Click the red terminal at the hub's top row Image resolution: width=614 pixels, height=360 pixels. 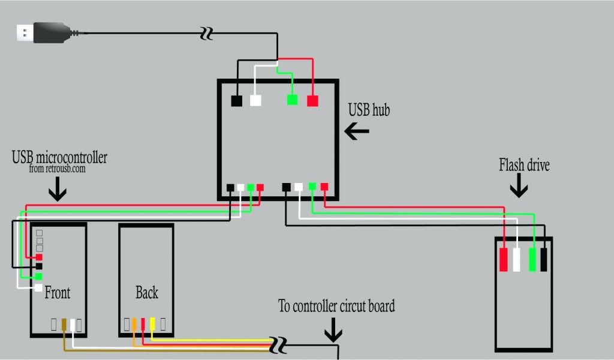click(312, 100)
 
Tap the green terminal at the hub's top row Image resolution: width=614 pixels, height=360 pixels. click(293, 100)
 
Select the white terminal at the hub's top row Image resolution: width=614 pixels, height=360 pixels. click(255, 100)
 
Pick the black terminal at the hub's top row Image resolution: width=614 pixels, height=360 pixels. click(237, 100)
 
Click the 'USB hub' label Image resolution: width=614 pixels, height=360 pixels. click(369, 110)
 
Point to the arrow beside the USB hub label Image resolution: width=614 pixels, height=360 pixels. click(357, 131)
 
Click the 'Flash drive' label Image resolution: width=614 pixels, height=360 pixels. click(524, 164)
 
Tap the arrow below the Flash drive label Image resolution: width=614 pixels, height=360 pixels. click(519, 188)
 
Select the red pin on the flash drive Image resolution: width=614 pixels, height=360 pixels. click(504, 259)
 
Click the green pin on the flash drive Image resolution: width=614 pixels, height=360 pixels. click(532, 259)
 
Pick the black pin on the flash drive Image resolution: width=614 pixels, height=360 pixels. click(544, 259)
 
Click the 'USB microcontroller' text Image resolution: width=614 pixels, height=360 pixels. click(59, 157)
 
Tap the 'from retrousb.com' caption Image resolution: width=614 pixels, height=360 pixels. click(57, 169)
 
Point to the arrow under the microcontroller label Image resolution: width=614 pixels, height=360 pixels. click(58, 191)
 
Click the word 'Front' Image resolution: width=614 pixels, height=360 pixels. click(57, 293)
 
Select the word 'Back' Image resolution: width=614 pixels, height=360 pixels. click(146, 293)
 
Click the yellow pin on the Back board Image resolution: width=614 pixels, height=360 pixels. click(152, 324)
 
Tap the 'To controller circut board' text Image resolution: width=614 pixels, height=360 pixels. click(336, 306)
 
